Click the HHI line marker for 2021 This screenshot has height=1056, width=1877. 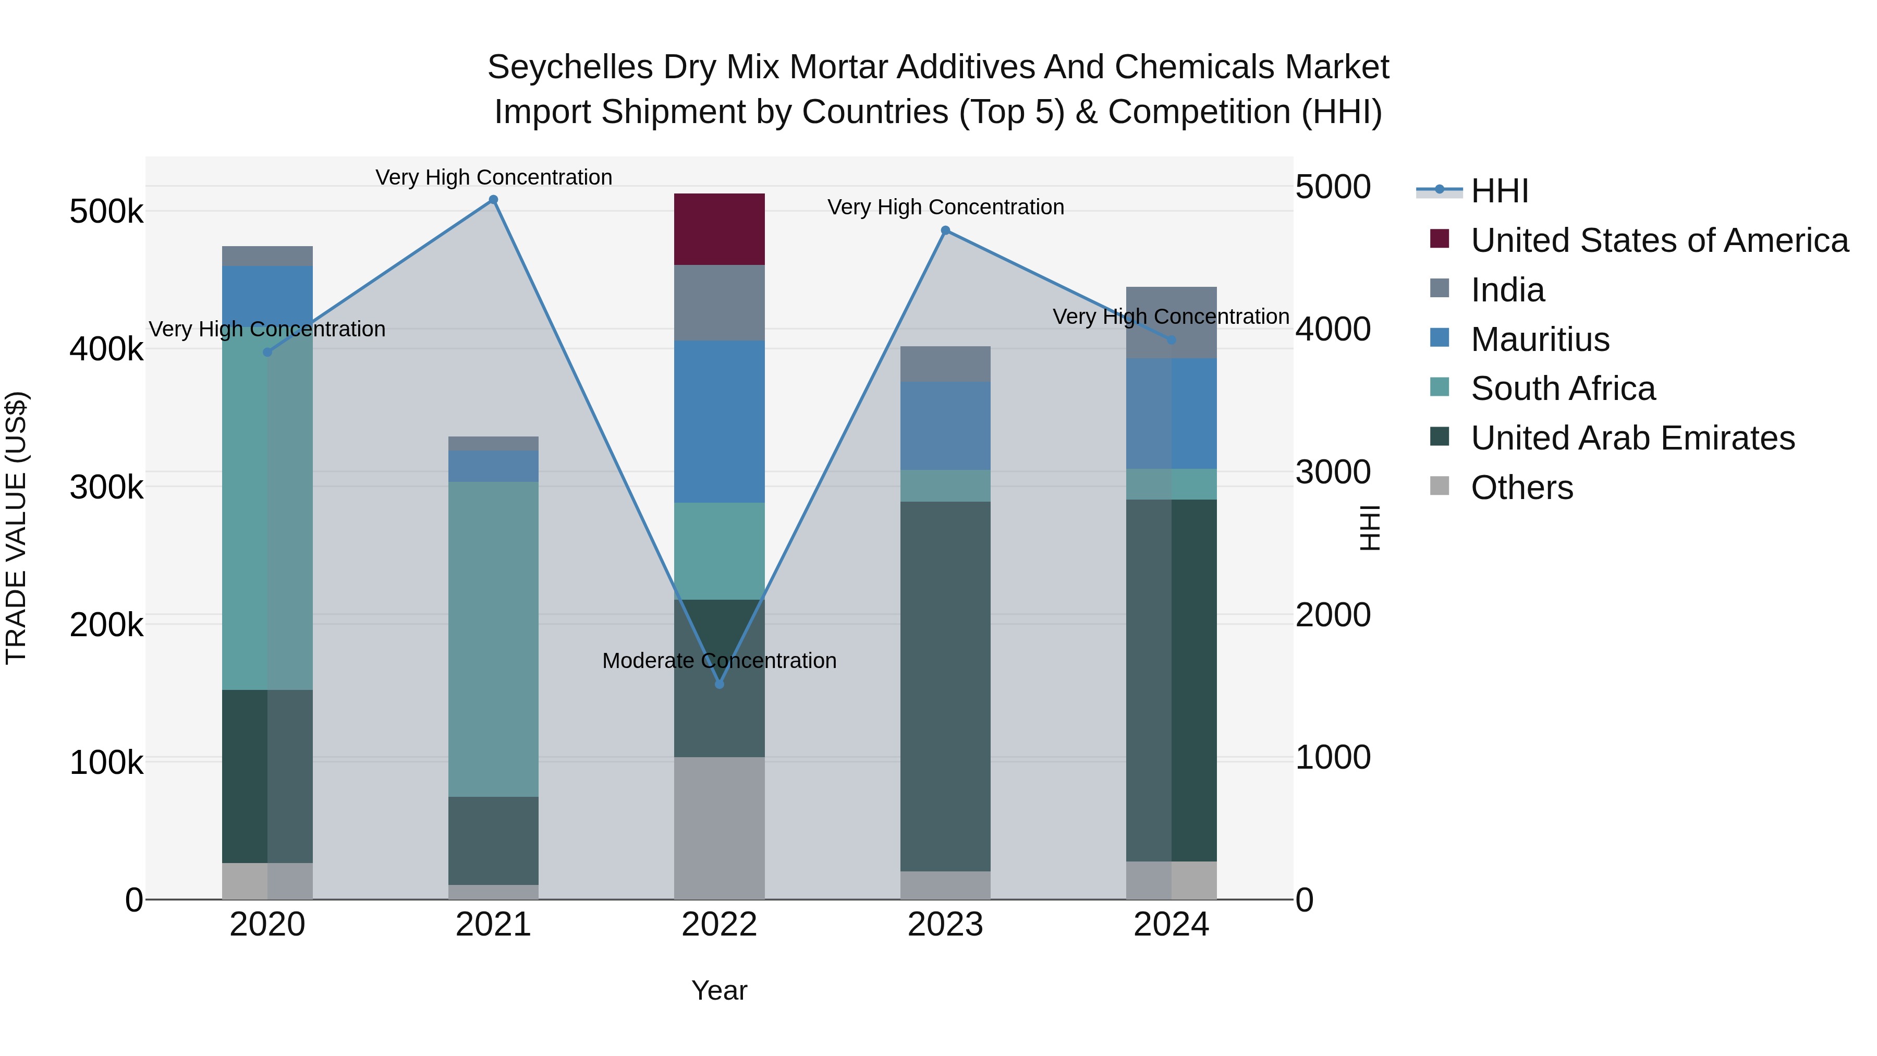pyautogui.click(x=493, y=200)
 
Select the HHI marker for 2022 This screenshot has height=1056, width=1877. pyautogui.click(x=719, y=684)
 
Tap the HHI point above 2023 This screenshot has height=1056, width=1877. pyautogui.click(x=945, y=230)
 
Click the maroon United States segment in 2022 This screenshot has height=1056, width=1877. pyautogui.click(x=719, y=229)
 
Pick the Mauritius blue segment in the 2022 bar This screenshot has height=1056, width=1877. pyautogui.click(x=719, y=421)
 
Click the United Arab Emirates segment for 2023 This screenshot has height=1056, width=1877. pyautogui.click(x=945, y=686)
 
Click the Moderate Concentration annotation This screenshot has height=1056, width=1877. pyautogui.click(x=719, y=660)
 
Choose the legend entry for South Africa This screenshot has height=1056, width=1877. pyautogui.click(x=1563, y=389)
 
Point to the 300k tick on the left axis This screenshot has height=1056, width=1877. pyautogui.click(x=106, y=487)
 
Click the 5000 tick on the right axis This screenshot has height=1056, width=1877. pyautogui.click(x=1333, y=187)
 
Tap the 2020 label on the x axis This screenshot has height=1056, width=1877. pyautogui.click(x=267, y=925)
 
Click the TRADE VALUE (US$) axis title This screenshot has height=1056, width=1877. pyautogui.click(x=16, y=528)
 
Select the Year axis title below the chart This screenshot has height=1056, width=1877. pyautogui.click(x=719, y=990)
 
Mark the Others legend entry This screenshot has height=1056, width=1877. pyautogui.click(x=1521, y=488)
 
